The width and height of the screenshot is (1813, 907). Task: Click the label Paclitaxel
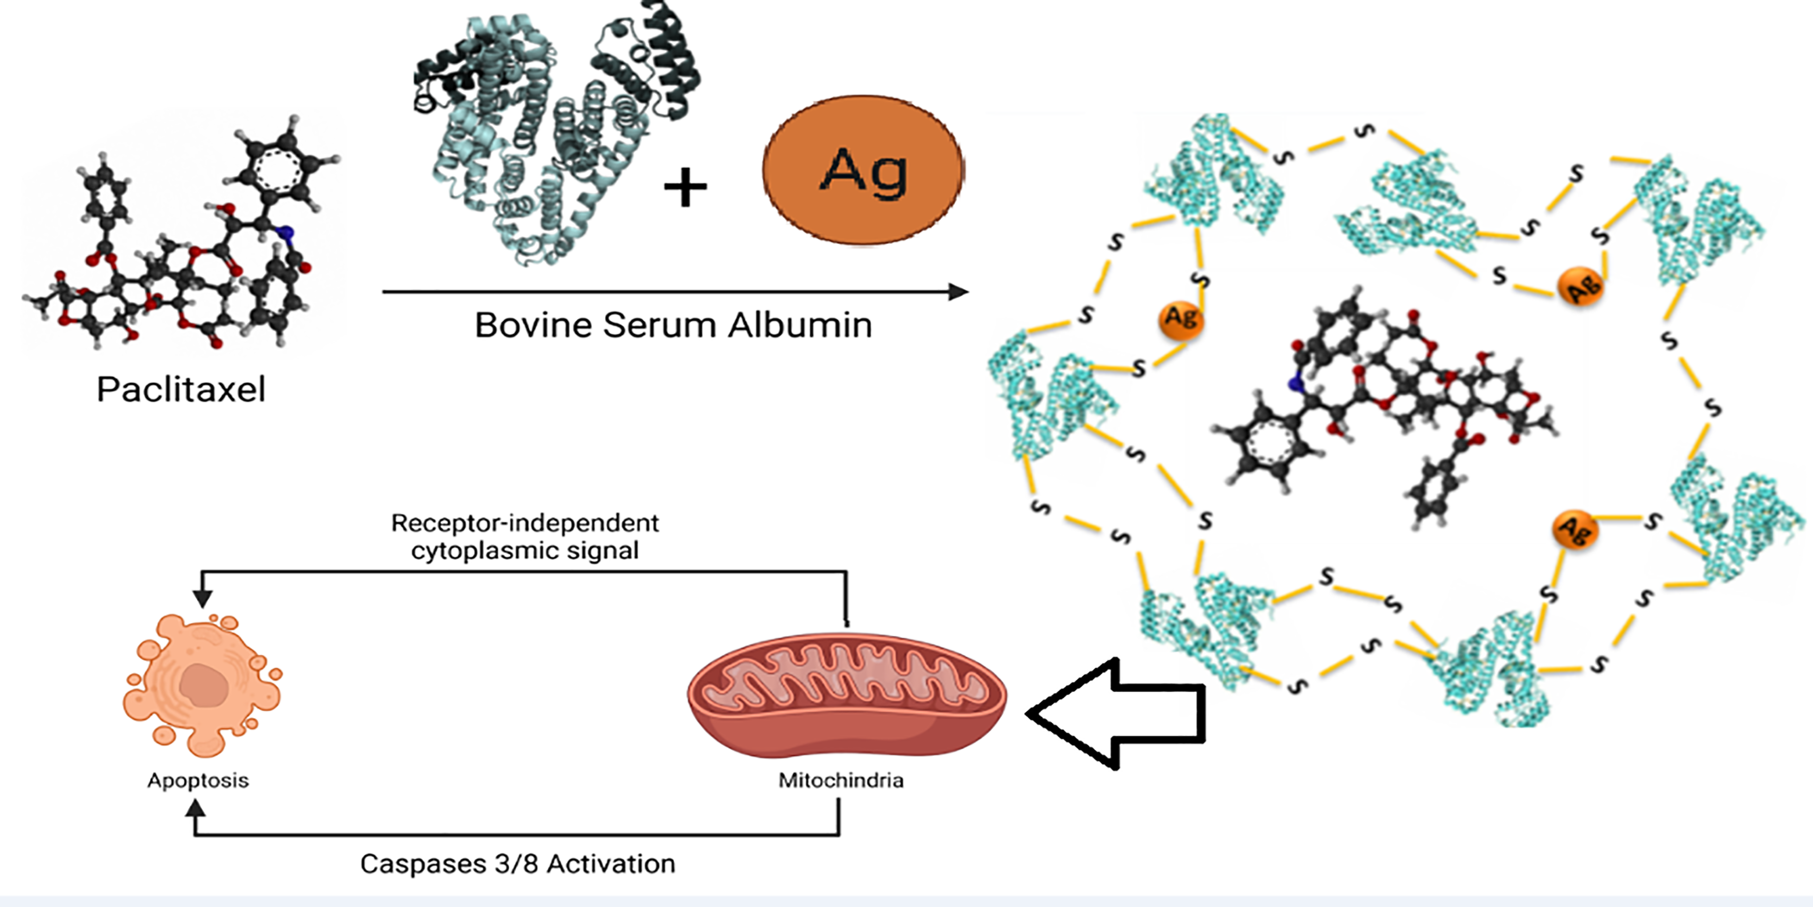(x=181, y=390)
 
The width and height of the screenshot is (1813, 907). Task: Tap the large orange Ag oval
(x=863, y=170)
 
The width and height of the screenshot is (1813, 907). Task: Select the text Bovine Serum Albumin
(x=673, y=326)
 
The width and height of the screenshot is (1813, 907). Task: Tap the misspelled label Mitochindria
(x=841, y=780)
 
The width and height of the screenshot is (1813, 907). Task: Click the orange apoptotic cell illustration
(x=200, y=683)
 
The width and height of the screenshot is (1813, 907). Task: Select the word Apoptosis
(x=198, y=780)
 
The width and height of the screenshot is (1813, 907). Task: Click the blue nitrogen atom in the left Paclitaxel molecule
(x=286, y=232)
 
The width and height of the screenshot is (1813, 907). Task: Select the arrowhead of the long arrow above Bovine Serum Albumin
(x=958, y=292)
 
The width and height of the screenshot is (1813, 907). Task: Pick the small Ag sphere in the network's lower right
(x=1574, y=530)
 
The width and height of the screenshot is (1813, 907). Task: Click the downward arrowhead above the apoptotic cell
(x=202, y=598)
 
